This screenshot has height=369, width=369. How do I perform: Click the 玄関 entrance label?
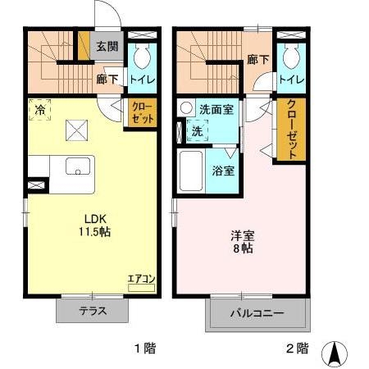[107, 46]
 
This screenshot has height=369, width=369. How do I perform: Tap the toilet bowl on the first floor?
[142, 59]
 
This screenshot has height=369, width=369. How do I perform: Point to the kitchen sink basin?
[79, 166]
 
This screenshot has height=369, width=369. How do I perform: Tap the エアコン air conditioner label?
[140, 279]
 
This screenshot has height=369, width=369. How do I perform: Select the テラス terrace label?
[93, 311]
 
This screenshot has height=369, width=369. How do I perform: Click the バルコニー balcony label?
[257, 313]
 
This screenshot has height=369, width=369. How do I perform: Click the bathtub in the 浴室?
[190, 171]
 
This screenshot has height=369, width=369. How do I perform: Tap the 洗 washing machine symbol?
[196, 130]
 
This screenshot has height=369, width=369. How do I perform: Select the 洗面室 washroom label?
[216, 109]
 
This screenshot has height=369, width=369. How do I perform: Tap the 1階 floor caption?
[144, 348]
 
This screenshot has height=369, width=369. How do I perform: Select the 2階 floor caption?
[297, 348]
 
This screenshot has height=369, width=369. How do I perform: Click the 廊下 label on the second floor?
[257, 59]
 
